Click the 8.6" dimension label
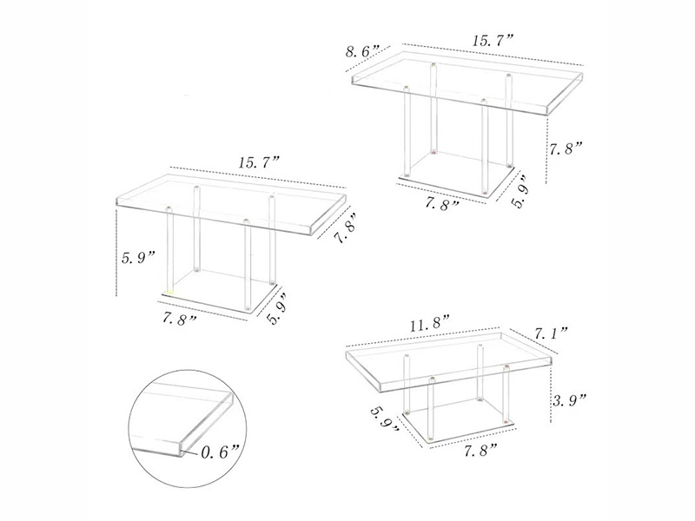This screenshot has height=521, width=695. pos(362,51)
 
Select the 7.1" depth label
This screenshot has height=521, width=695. pos(551,333)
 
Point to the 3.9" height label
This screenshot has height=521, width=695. pos(569,402)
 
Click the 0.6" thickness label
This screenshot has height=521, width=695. pos(221,452)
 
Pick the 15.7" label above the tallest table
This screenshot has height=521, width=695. pos(493,41)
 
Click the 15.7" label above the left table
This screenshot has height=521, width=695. pos(259,162)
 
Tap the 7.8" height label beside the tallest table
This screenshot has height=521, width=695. pos(566,148)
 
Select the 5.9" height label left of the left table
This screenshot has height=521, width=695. pos(138,257)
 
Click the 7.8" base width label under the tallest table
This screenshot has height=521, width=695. pos(442,203)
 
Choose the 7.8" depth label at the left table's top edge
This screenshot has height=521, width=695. pos(344,228)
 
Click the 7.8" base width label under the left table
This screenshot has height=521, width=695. pos(180,319)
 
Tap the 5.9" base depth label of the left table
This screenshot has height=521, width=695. pos(278,309)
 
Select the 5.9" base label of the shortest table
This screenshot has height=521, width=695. pos(385,419)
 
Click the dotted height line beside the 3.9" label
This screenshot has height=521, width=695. pos(550,394)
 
